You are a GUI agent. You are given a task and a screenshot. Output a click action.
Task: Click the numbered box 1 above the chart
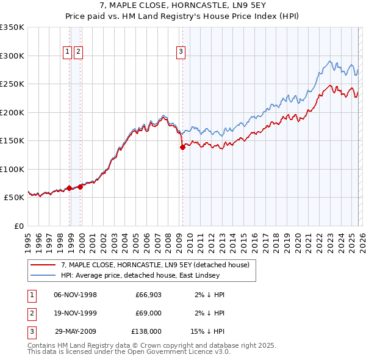point(67,52)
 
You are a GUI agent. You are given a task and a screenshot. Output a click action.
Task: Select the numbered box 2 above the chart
point(79,52)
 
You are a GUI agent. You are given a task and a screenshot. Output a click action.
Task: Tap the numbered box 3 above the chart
point(181,52)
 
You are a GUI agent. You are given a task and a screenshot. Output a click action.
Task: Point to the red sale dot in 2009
point(182,147)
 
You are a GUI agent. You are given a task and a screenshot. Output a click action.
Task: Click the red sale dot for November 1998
point(69,188)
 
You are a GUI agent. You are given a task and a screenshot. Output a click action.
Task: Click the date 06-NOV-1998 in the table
point(76,295)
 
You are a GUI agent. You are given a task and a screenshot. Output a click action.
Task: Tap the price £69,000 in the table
point(148,312)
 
